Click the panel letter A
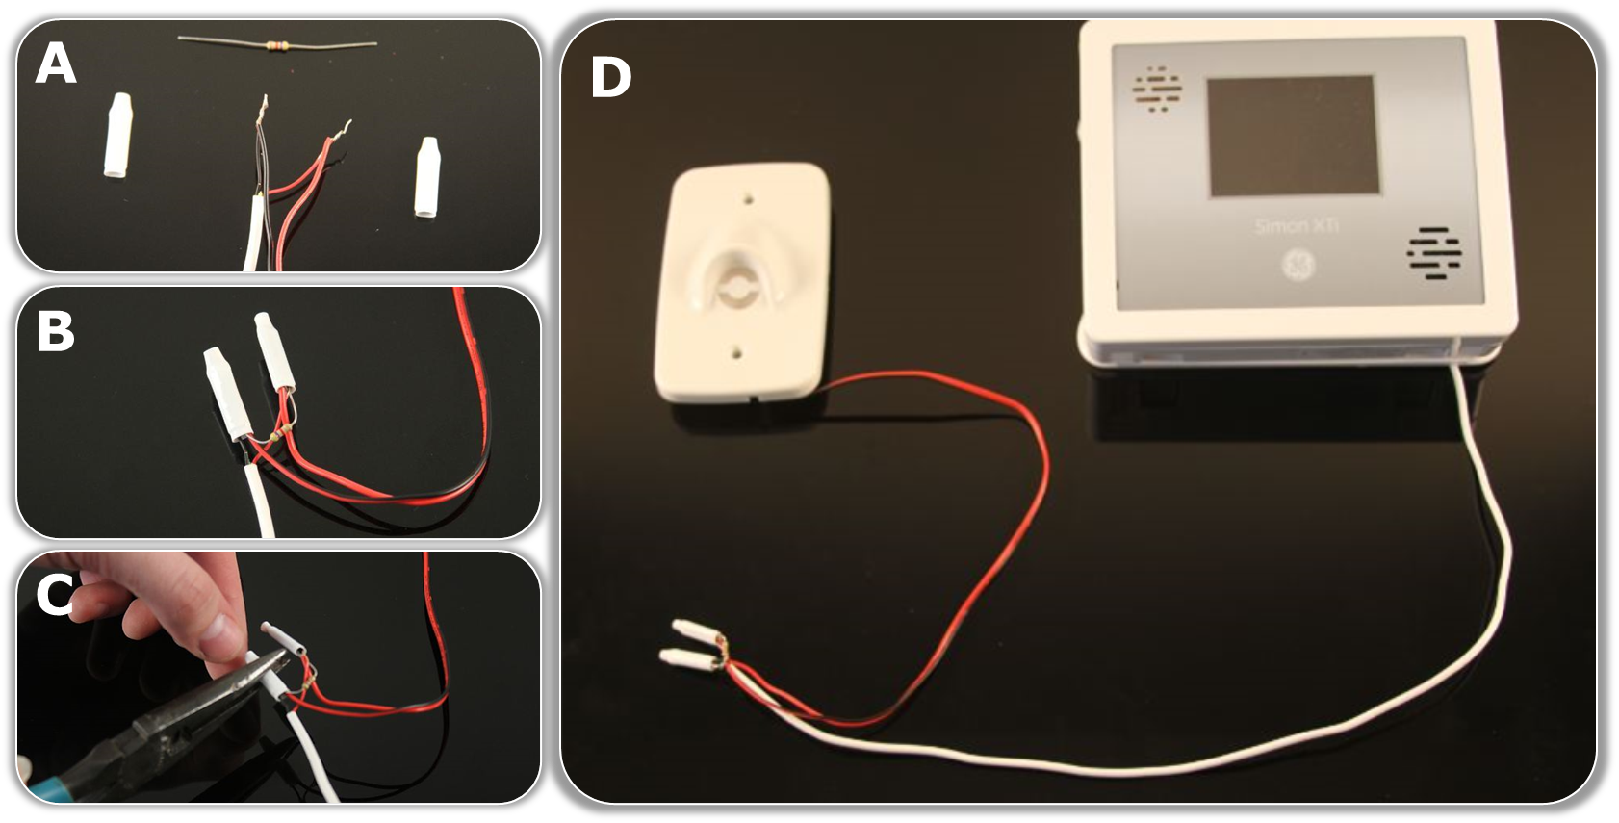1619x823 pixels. [55, 66]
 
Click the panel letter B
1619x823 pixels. [55, 332]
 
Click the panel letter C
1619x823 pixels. [55, 596]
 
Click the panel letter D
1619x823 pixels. [610, 78]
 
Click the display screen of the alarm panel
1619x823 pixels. [1291, 136]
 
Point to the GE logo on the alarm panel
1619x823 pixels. [1297, 267]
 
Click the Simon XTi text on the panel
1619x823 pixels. [1297, 226]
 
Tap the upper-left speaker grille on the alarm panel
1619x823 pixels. [1158, 90]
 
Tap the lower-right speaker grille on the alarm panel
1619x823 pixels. [1434, 253]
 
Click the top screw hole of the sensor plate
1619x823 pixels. [748, 202]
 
